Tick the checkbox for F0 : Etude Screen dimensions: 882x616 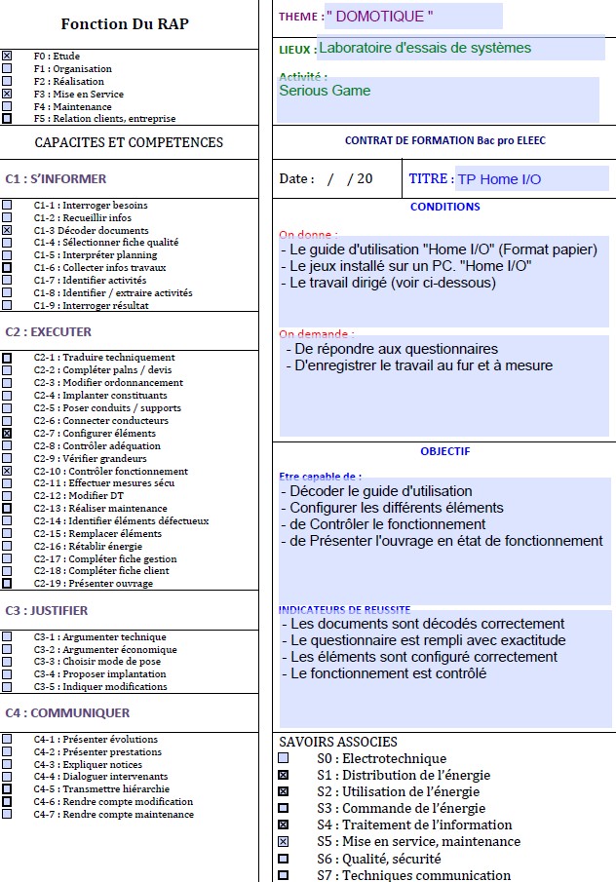coord(7,57)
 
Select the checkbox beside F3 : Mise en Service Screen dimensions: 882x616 coord(7,94)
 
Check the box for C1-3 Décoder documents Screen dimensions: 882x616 coord(7,230)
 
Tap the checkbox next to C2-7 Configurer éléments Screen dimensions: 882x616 coord(7,433)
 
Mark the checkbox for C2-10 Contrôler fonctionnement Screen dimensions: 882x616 coord(7,471)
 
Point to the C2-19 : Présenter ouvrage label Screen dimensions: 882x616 coord(93,584)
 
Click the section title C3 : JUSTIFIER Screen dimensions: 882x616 coord(47,611)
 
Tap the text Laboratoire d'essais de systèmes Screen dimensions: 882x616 coord(425,48)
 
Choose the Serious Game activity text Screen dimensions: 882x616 coord(325,91)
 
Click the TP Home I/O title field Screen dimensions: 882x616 coord(499,179)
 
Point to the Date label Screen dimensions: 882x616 coord(296,179)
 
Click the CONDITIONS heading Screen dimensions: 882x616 coord(444,207)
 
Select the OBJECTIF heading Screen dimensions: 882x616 coord(444,451)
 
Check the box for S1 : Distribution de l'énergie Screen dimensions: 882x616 coord(283,775)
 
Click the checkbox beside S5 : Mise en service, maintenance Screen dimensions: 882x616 coord(283,841)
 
